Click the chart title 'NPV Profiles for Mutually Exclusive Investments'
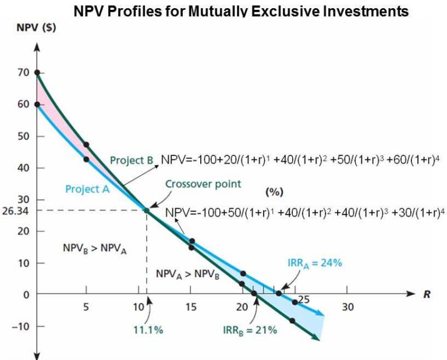coord(242,11)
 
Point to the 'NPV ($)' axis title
coord(37,29)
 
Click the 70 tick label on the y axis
coord(23,73)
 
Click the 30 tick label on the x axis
coord(347,307)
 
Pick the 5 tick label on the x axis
coord(86,307)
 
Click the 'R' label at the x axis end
coord(427,294)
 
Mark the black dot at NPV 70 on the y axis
coord(37,73)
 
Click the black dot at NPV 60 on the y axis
coord(37,105)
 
